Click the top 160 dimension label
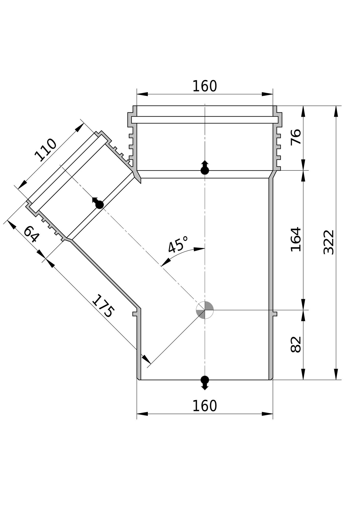click(204, 86)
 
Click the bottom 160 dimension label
click(204, 406)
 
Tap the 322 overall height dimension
click(329, 242)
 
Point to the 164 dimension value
click(296, 239)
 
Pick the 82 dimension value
click(296, 345)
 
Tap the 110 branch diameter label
click(46, 150)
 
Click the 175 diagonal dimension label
click(103, 306)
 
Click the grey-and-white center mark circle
click(205, 310)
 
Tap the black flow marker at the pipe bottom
click(205, 382)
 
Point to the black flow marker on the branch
click(98, 203)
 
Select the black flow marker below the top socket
click(205, 168)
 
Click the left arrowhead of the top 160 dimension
click(142, 94)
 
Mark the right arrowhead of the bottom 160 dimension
click(267, 414)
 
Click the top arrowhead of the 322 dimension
click(336, 111)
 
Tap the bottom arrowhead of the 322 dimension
click(336, 374)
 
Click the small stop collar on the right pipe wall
click(275, 314)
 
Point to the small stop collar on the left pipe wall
click(135, 314)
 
